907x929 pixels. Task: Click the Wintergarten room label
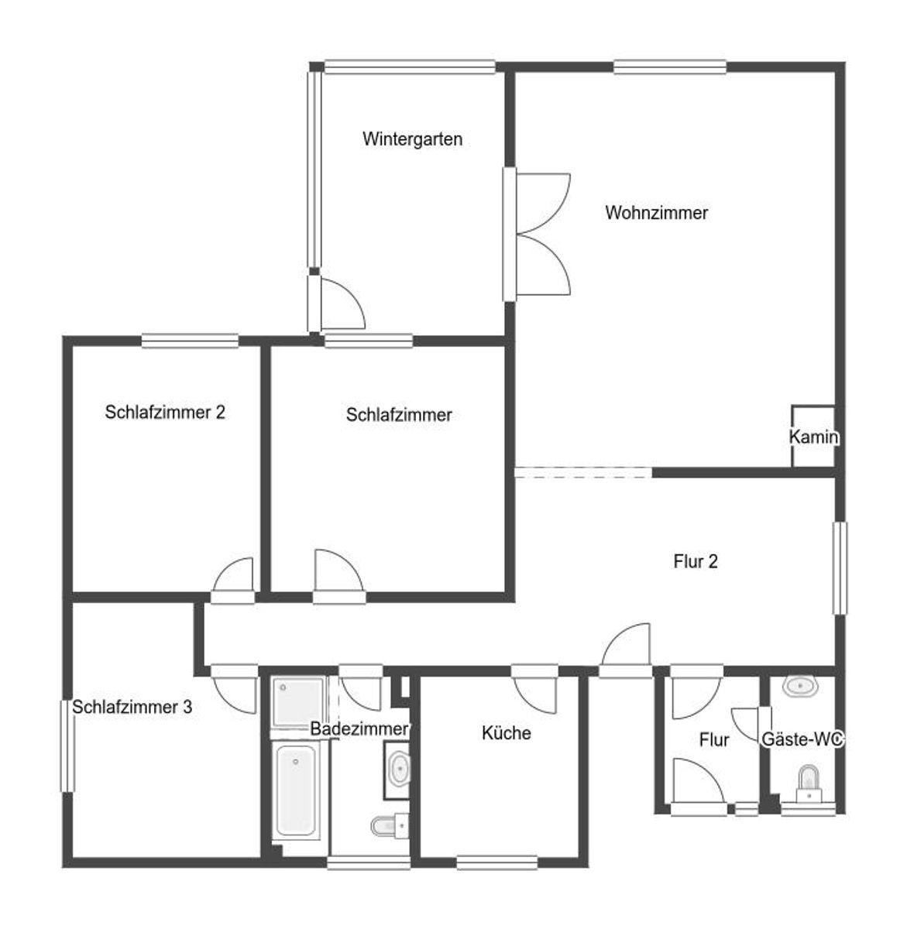click(x=412, y=139)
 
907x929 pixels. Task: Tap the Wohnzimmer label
click(x=656, y=212)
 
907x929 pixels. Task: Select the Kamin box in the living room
click(x=813, y=437)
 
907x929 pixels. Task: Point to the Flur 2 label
click(x=696, y=561)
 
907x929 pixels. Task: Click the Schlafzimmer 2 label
click(x=165, y=412)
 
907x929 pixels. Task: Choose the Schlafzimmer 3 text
click(x=132, y=707)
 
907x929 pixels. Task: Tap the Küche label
click(x=507, y=733)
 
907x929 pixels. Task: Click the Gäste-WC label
click(x=802, y=739)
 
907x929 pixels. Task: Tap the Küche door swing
click(x=535, y=695)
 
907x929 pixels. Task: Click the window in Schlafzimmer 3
click(x=67, y=746)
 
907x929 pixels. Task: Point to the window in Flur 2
click(x=840, y=567)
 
